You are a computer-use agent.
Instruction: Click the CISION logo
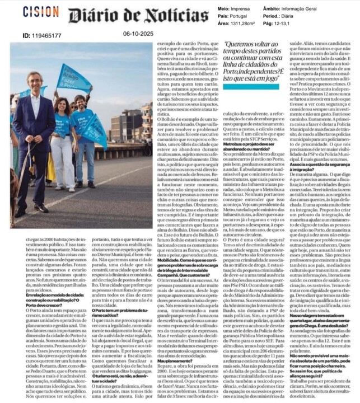(41, 11)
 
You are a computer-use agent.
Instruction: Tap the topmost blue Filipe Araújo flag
(74, 77)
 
